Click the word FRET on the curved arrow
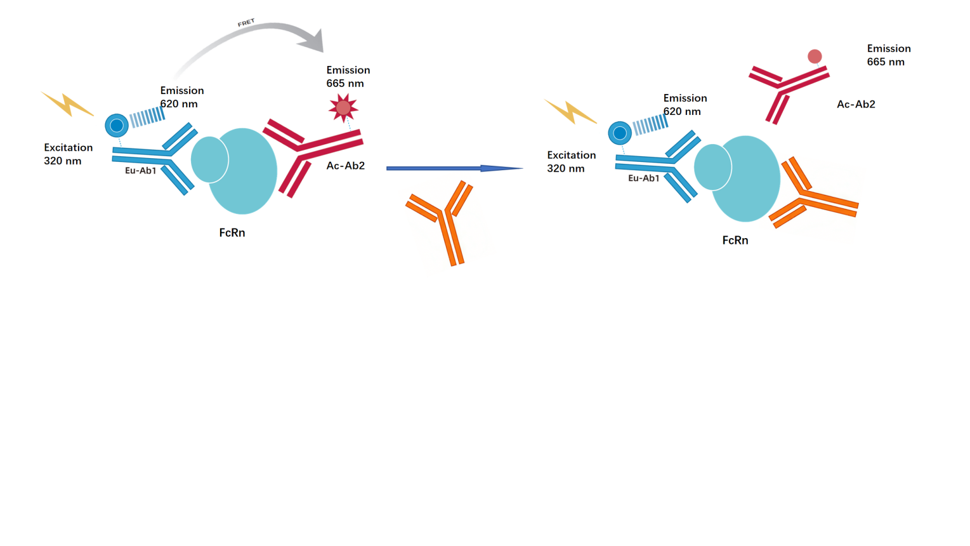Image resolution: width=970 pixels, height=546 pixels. click(x=246, y=22)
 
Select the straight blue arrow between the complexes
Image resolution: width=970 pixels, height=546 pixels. click(x=455, y=168)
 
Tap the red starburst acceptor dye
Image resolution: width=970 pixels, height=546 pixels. click(x=343, y=108)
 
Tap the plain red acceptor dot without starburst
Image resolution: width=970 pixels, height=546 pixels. click(x=815, y=57)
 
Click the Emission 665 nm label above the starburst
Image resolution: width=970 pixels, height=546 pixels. click(x=348, y=77)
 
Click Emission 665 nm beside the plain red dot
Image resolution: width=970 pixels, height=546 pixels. click(x=889, y=55)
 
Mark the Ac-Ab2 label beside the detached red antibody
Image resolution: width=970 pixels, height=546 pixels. click(x=856, y=104)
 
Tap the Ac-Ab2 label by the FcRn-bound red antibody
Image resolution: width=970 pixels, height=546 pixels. click(x=346, y=166)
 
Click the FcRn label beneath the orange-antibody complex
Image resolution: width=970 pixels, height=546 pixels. click(x=735, y=241)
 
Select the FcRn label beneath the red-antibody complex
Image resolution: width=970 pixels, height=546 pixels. click(x=232, y=233)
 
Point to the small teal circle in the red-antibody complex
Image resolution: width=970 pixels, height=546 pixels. click(x=209, y=159)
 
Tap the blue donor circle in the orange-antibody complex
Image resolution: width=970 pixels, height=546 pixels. click(x=620, y=133)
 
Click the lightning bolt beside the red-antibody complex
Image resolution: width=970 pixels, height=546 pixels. click(x=67, y=104)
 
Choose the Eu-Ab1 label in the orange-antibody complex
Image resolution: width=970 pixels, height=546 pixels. click(x=643, y=178)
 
